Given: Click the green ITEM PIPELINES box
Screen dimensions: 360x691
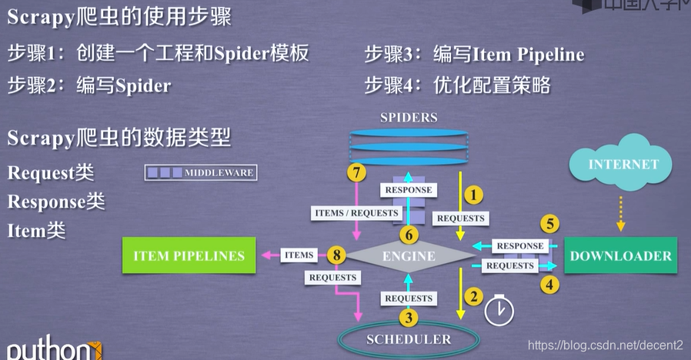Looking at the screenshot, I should coord(188,256).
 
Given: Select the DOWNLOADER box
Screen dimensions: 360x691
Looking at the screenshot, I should coord(620,256).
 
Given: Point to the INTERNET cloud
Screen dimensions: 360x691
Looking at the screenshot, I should coord(623,164).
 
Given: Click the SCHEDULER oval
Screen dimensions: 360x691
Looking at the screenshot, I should coord(408,338).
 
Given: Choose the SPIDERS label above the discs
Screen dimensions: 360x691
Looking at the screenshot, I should coord(408,118).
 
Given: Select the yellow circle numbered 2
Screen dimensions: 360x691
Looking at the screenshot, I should coord(475,297).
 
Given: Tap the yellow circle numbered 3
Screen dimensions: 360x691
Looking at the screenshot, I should coord(409,316).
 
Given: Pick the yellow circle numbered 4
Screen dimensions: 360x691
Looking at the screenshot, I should coord(549,283).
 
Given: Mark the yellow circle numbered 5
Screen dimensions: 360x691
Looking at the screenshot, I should coord(549,225).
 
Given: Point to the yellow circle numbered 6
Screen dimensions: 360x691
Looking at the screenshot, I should coord(409,234).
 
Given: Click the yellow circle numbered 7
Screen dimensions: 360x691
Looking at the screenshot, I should coord(356,172).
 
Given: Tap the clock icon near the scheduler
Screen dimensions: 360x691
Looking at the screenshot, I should coord(499,310).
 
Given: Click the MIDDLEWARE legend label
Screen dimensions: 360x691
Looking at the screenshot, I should coord(201,172).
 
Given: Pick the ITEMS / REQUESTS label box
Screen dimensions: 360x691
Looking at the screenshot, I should coord(356,212).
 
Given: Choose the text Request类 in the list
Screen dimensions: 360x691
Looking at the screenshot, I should coord(51,172).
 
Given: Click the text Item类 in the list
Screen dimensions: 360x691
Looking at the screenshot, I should coord(36,229).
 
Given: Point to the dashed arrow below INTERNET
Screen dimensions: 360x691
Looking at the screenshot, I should coord(621,212).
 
